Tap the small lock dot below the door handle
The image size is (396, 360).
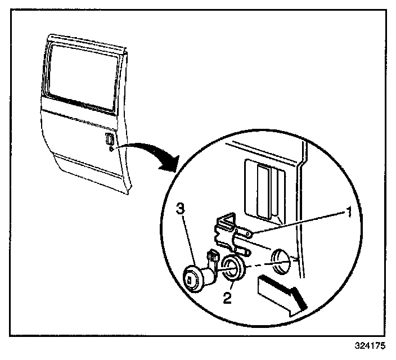tap(111, 150)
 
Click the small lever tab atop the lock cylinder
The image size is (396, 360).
tap(213, 258)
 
